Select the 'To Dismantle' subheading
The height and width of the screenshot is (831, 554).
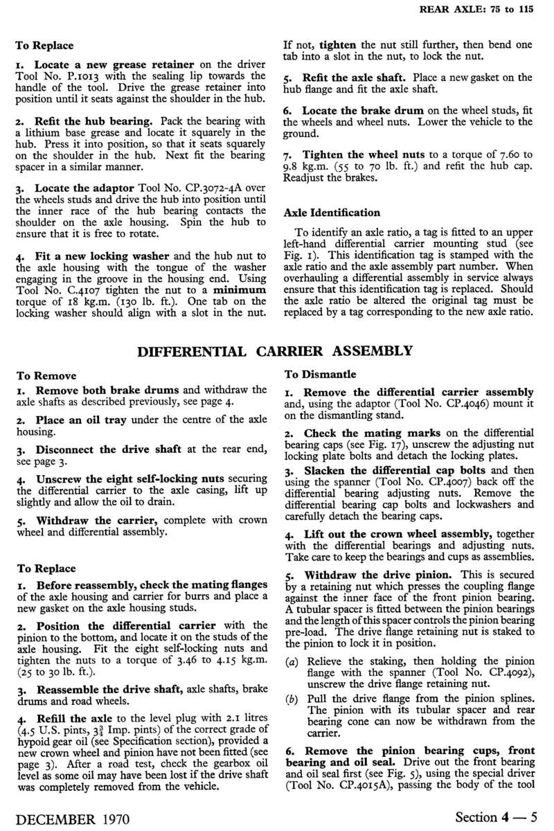[321, 375]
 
